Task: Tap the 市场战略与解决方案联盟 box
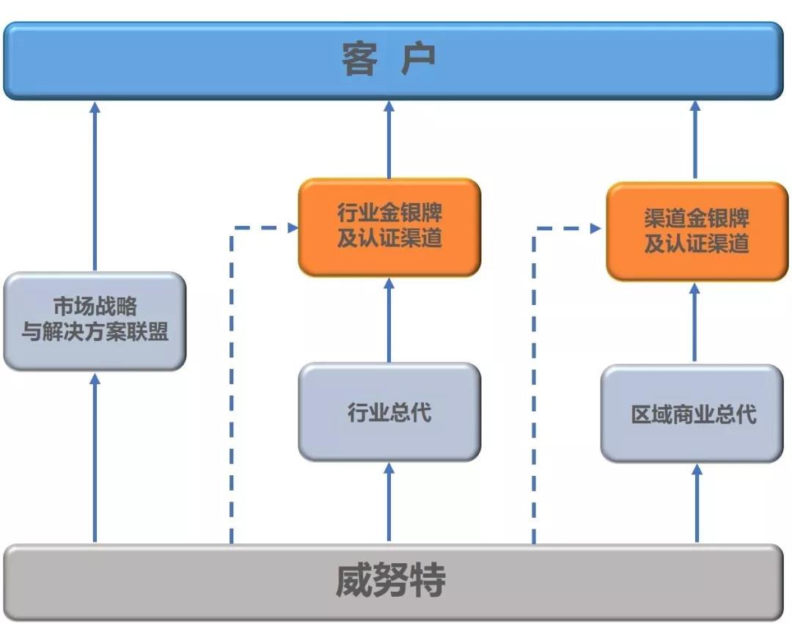95,320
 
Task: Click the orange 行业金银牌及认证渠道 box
389,227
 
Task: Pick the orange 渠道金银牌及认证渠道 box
697,231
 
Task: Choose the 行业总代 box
389,412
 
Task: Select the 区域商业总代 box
692,414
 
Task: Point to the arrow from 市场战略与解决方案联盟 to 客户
95,187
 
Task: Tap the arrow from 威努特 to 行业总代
389,502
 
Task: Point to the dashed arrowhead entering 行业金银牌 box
291,228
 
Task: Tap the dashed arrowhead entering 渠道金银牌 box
595,229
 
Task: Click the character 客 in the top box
359,59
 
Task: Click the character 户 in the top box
418,59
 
